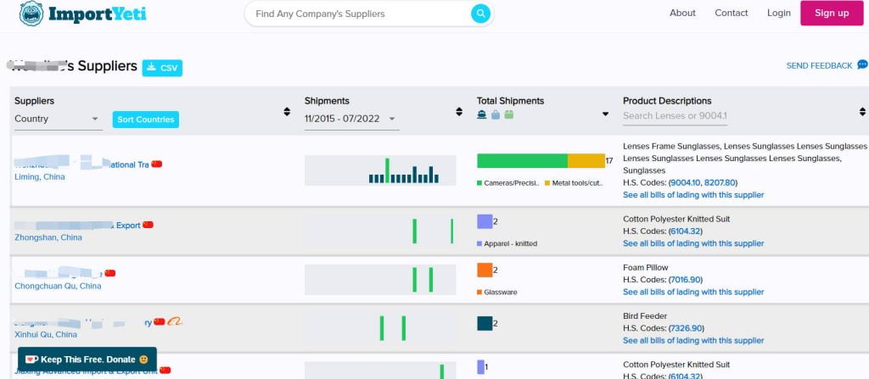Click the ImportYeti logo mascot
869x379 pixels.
click(31, 13)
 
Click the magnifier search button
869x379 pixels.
click(480, 14)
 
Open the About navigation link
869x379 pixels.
click(682, 13)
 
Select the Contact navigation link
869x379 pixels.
click(732, 13)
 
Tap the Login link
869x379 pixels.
click(778, 13)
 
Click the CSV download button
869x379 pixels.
click(162, 68)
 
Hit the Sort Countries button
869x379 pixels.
click(145, 120)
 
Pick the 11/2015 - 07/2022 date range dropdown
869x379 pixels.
click(351, 120)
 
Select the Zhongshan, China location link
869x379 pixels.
click(48, 237)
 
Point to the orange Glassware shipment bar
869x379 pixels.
click(485, 270)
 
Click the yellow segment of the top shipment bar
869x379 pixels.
click(586, 160)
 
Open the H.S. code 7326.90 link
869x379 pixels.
click(686, 328)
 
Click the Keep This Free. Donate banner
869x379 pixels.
click(87, 359)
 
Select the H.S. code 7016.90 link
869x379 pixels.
click(686, 280)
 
